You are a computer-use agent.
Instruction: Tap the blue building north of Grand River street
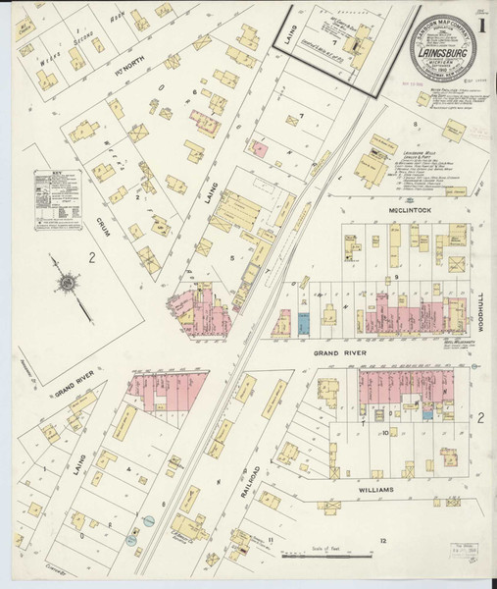[304, 323]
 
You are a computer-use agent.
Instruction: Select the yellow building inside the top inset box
[352, 44]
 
